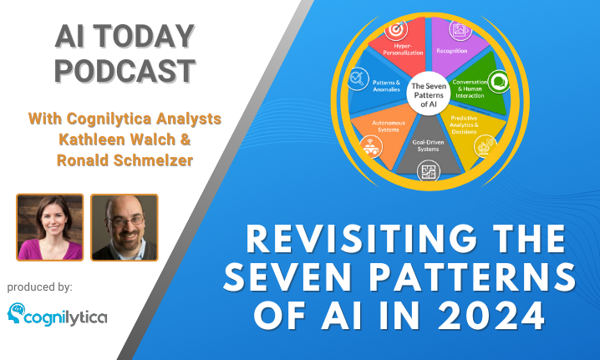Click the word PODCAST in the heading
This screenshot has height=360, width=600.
click(x=125, y=71)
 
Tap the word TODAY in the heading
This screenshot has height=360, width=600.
click(x=145, y=36)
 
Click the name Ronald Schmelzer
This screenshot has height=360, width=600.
click(x=125, y=160)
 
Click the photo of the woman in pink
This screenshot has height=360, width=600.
click(x=50, y=227)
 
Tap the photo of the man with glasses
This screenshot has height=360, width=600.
click(x=125, y=227)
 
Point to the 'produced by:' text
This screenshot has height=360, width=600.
click(x=40, y=287)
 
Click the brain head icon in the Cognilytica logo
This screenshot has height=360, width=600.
click(x=16, y=313)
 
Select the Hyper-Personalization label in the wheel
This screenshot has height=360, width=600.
click(x=403, y=49)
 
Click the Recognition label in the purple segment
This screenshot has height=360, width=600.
click(x=452, y=51)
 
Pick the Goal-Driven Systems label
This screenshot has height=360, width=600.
click(x=428, y=146)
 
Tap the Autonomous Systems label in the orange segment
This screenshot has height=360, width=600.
click(x=389, y=126)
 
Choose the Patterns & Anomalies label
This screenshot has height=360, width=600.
click(x=386, y=86)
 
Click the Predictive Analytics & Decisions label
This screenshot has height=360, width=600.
click(x=464, y=125)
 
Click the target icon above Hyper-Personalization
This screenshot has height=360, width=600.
click(x=396, y=30)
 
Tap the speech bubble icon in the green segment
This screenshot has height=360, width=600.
click(x=499, y=82)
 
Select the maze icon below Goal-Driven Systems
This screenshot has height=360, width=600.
click(x=429, y=171)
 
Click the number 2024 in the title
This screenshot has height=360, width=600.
click(x=491, y=316)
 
